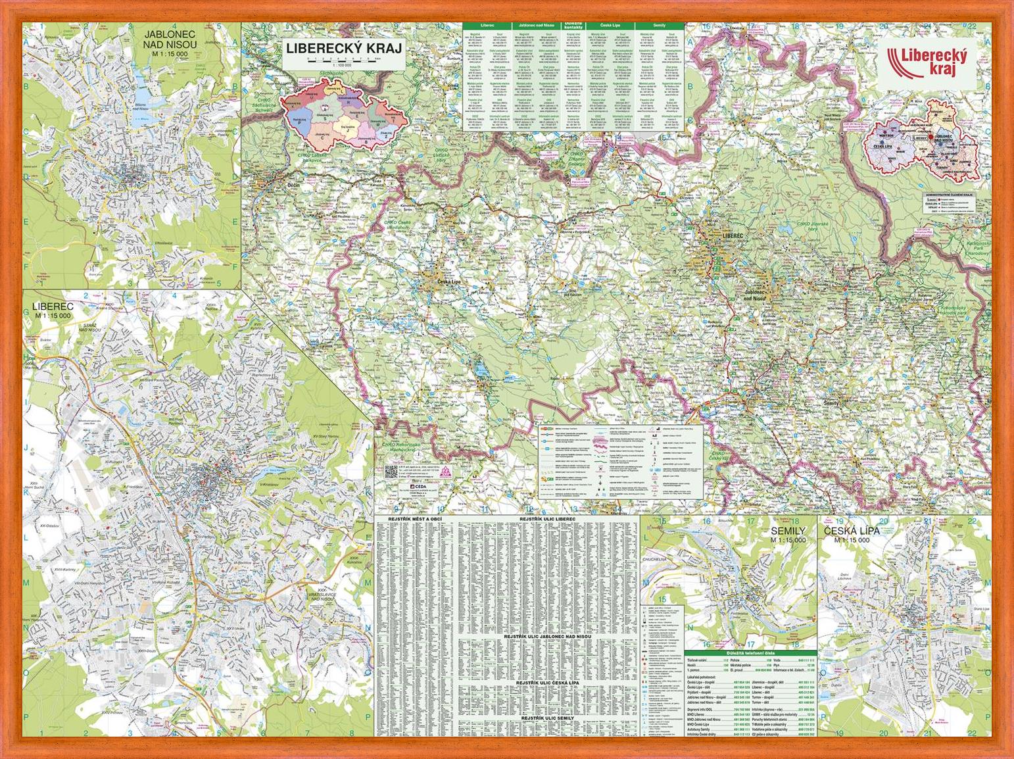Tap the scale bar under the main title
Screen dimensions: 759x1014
[343, 60]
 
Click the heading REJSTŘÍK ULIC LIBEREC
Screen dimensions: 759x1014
[547, 519]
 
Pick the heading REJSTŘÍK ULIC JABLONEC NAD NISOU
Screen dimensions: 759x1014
[547, 637]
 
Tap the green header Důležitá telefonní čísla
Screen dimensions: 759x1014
[750, 652]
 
